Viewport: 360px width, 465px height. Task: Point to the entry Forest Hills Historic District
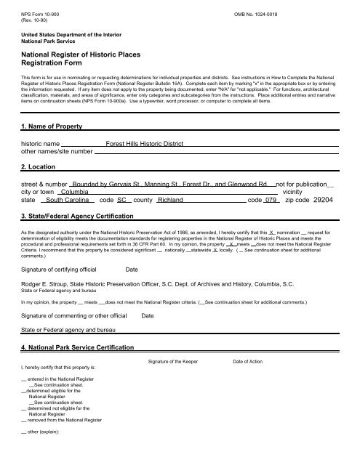(144, 145)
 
